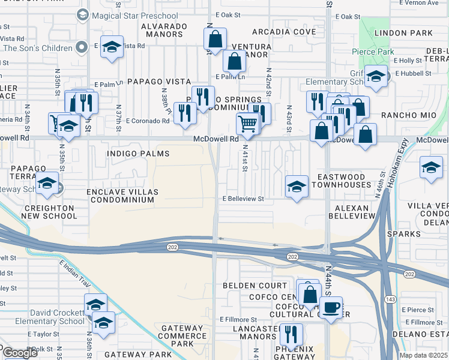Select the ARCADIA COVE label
(283, 31)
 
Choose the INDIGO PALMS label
(138, 154)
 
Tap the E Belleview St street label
(244, 199)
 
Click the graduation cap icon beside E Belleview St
(297, 187)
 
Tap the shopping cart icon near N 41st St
(247, 124)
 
